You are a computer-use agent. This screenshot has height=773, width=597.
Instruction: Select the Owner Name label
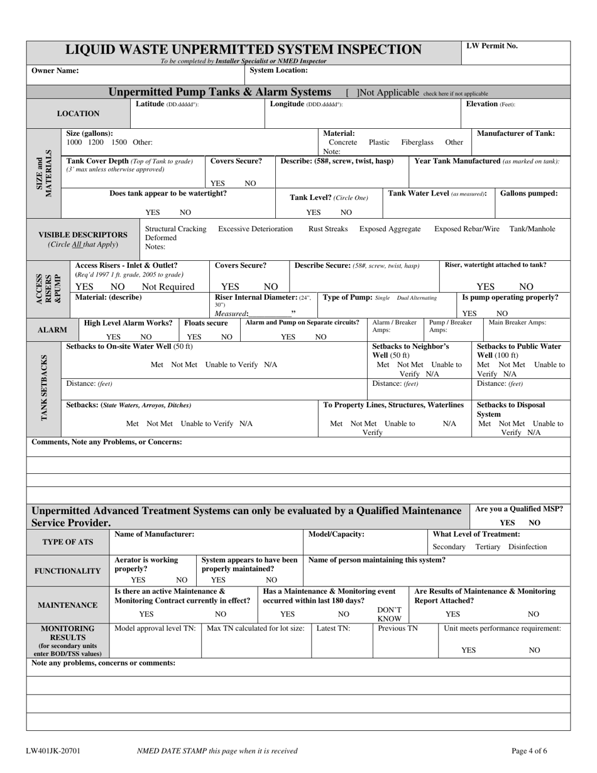55,70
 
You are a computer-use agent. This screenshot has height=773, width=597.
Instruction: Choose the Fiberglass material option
417,143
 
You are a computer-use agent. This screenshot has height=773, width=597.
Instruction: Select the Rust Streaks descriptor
328,229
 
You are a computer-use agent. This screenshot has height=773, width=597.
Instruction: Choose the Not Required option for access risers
168,287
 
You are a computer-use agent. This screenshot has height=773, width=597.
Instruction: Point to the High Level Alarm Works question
128,322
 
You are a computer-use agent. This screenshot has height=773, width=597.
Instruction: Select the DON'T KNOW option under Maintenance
390,615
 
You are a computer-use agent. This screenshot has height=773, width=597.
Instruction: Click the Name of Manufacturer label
155,534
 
